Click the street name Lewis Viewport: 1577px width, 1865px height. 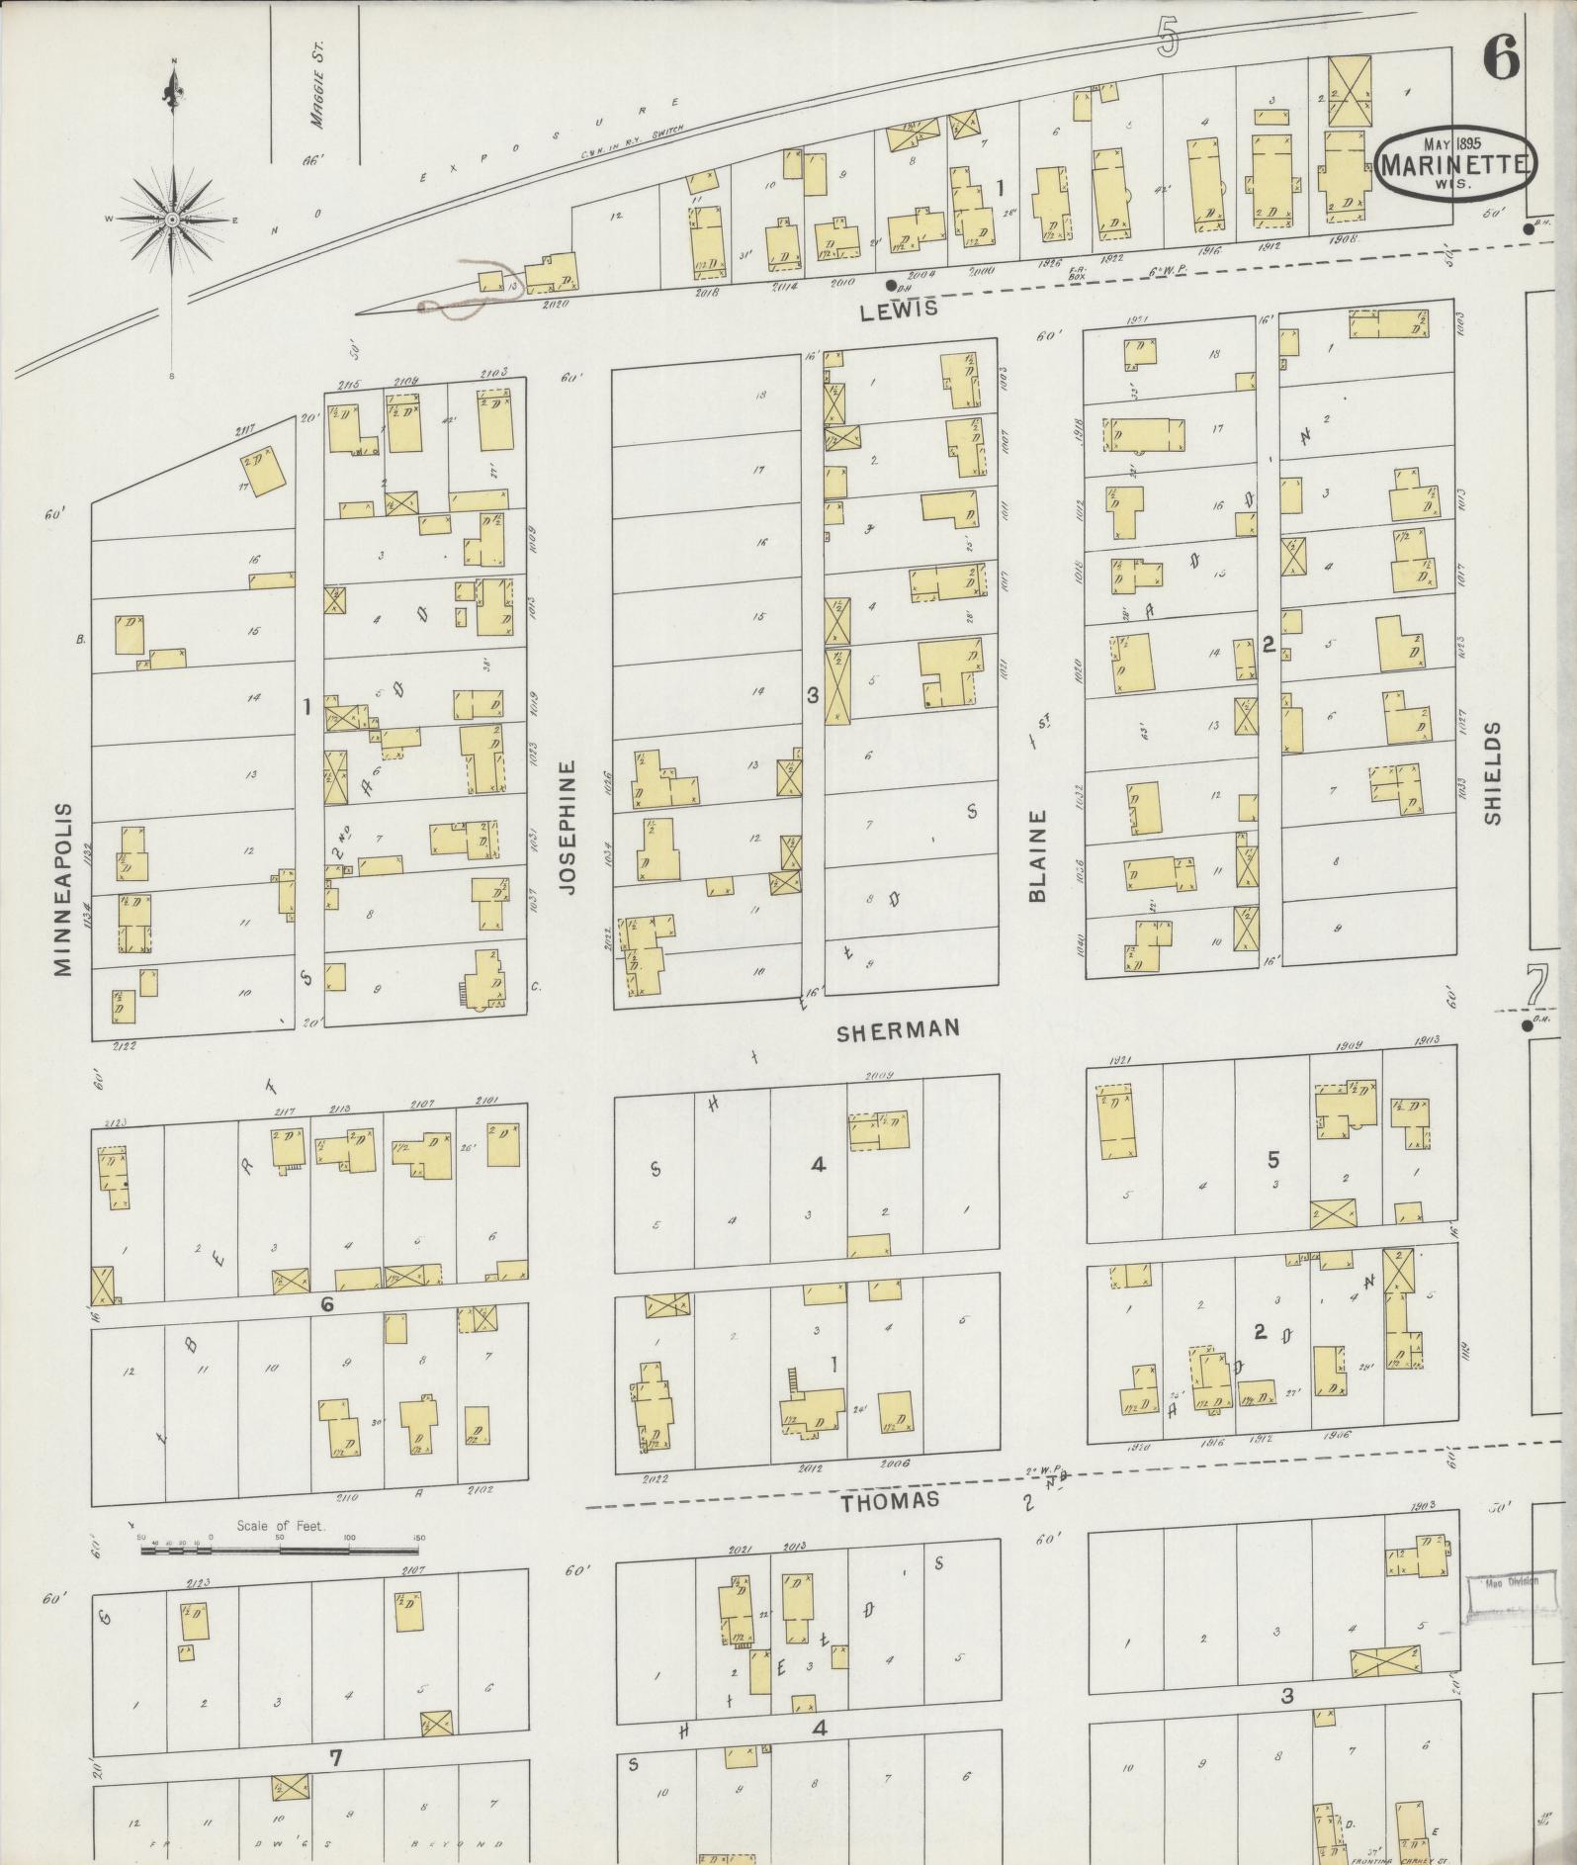897,311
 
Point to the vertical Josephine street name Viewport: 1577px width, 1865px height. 567,827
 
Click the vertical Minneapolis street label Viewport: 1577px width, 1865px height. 64,889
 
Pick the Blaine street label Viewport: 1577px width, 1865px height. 1037,856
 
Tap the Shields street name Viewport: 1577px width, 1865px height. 1492,773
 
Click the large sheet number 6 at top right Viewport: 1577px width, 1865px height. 1500,61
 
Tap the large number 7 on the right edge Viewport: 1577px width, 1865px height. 1535,985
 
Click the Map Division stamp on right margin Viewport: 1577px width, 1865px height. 1505,1581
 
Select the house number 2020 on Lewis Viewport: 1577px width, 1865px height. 558,305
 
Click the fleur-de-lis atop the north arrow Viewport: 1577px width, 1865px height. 174,91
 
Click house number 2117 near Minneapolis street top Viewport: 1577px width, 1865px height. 245,431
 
